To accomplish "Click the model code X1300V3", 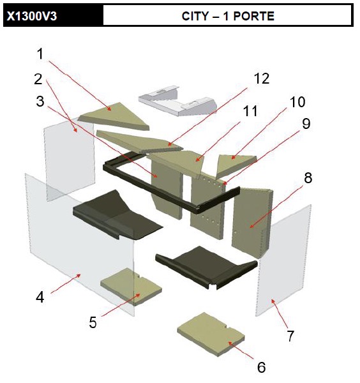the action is point(32,16).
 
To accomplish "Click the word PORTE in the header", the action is point(254,16).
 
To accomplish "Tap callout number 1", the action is point(40,54).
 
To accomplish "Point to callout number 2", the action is point(38,79).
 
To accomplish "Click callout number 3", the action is point(40,101).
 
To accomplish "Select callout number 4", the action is point(40,297).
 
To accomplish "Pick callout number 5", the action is point(93,322).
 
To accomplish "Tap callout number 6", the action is point(261,367).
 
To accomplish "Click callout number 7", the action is point(290,336).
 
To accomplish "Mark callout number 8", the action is point(308,177).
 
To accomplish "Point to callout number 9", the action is point(306,124).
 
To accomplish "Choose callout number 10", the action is point(297,102).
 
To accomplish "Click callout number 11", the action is point(250,111).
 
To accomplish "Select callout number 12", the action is point(262,79).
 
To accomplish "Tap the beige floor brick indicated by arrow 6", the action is point(211,334).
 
